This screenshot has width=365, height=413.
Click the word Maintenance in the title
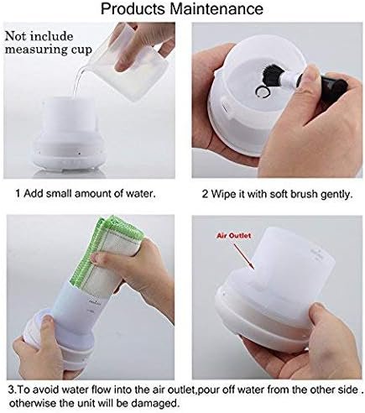[216, 8]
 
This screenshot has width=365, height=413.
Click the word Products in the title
[133, 8]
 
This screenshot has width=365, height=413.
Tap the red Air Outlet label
[233, 236]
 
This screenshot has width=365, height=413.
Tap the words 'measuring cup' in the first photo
[49, 50]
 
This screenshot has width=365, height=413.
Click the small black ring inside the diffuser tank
[263, 91]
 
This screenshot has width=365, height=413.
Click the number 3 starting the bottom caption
[11, 389]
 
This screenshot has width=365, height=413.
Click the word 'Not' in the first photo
[16, 36]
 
